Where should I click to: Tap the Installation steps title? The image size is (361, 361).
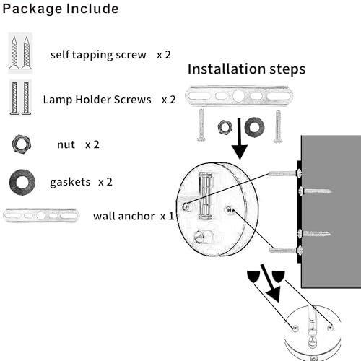coord(246,69)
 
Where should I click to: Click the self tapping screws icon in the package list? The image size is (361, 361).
coord(22,53)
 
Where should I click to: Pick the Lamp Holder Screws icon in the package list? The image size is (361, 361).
coord(21,99)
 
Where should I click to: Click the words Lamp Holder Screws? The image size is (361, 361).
coord(97,100)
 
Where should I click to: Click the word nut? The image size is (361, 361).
coord(66,144)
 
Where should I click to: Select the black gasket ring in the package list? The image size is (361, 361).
coord(19,180)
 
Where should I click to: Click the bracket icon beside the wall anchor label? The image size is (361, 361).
coord(42,215)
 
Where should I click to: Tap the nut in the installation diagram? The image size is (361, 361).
coord(226,127)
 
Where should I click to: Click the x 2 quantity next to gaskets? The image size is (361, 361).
coord(105,181)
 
